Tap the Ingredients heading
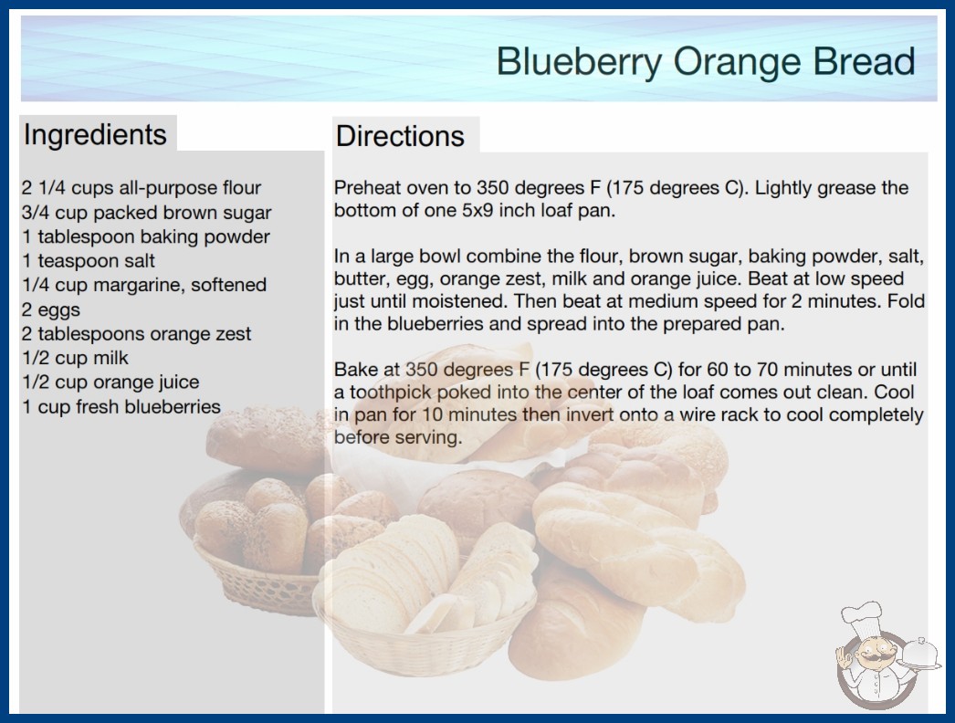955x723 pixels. click(95, 135)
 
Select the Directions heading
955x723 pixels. click(400, 136)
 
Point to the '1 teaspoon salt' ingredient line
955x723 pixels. click(89, 261)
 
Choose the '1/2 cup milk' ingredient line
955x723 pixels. click(75, 358)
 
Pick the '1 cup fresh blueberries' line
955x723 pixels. click(121, 406)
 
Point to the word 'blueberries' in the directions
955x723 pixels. click(435, 323)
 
